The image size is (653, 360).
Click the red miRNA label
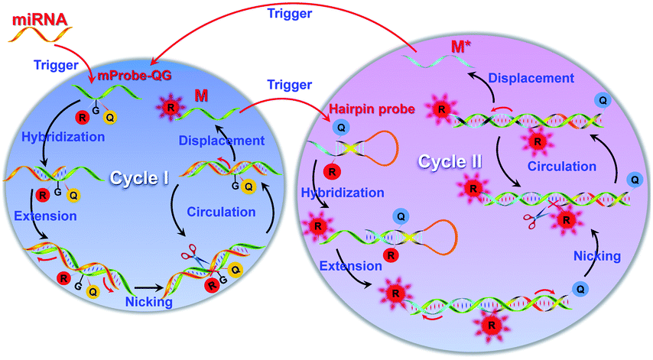pyautogui.click(x=34, y=16)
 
